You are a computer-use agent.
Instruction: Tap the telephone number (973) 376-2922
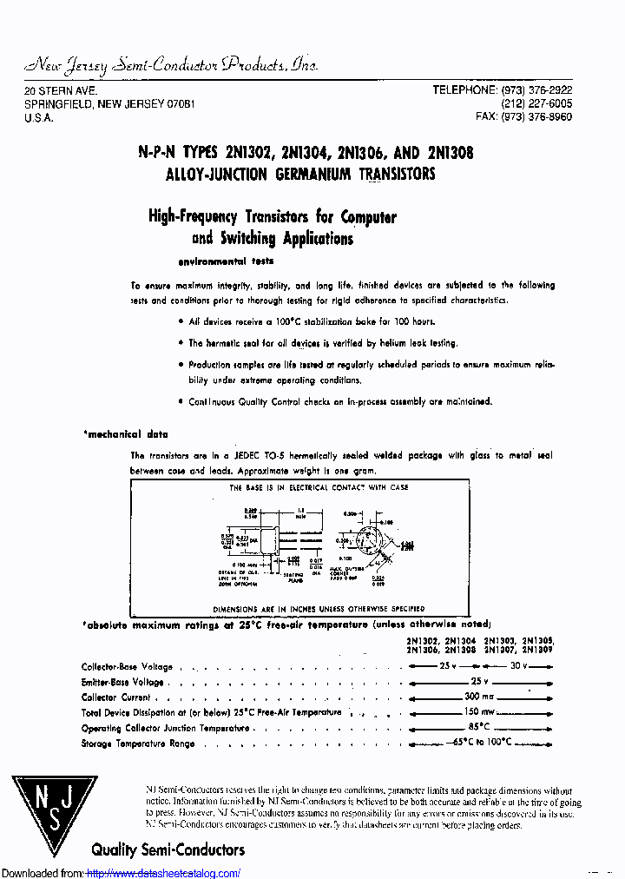(535, 90)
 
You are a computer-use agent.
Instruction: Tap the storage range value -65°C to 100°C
(482, 743)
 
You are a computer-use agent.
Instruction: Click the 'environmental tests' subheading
(226, 261)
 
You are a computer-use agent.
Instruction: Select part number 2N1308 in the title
(449, 152)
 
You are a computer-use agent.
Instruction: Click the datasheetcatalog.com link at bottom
(164, 873)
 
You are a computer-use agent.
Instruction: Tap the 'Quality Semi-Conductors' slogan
(168, 849)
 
